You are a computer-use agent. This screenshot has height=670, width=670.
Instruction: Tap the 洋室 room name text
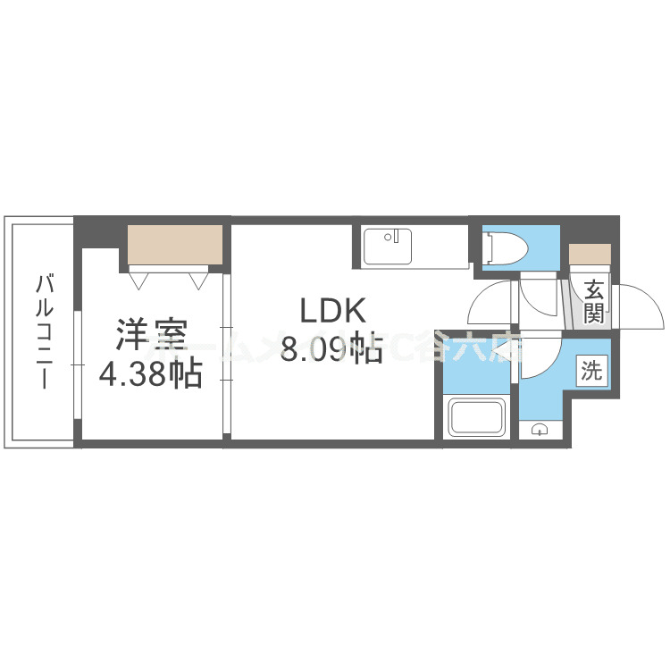[150, 337]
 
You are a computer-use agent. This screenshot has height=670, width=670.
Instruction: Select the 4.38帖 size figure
[150, 373]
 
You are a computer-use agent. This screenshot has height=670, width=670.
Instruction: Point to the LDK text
[332, 312]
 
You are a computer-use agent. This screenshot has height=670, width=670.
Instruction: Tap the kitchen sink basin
[387, 246]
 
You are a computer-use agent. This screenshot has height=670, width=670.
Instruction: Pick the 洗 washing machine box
[591, 370]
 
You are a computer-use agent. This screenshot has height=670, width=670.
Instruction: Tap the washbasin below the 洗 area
[540, 431]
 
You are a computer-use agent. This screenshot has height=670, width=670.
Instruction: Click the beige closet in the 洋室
[173, 243]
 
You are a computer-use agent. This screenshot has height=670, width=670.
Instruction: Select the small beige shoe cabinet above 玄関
[590, 253]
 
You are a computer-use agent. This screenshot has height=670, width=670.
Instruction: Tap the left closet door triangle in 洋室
[139, 281]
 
